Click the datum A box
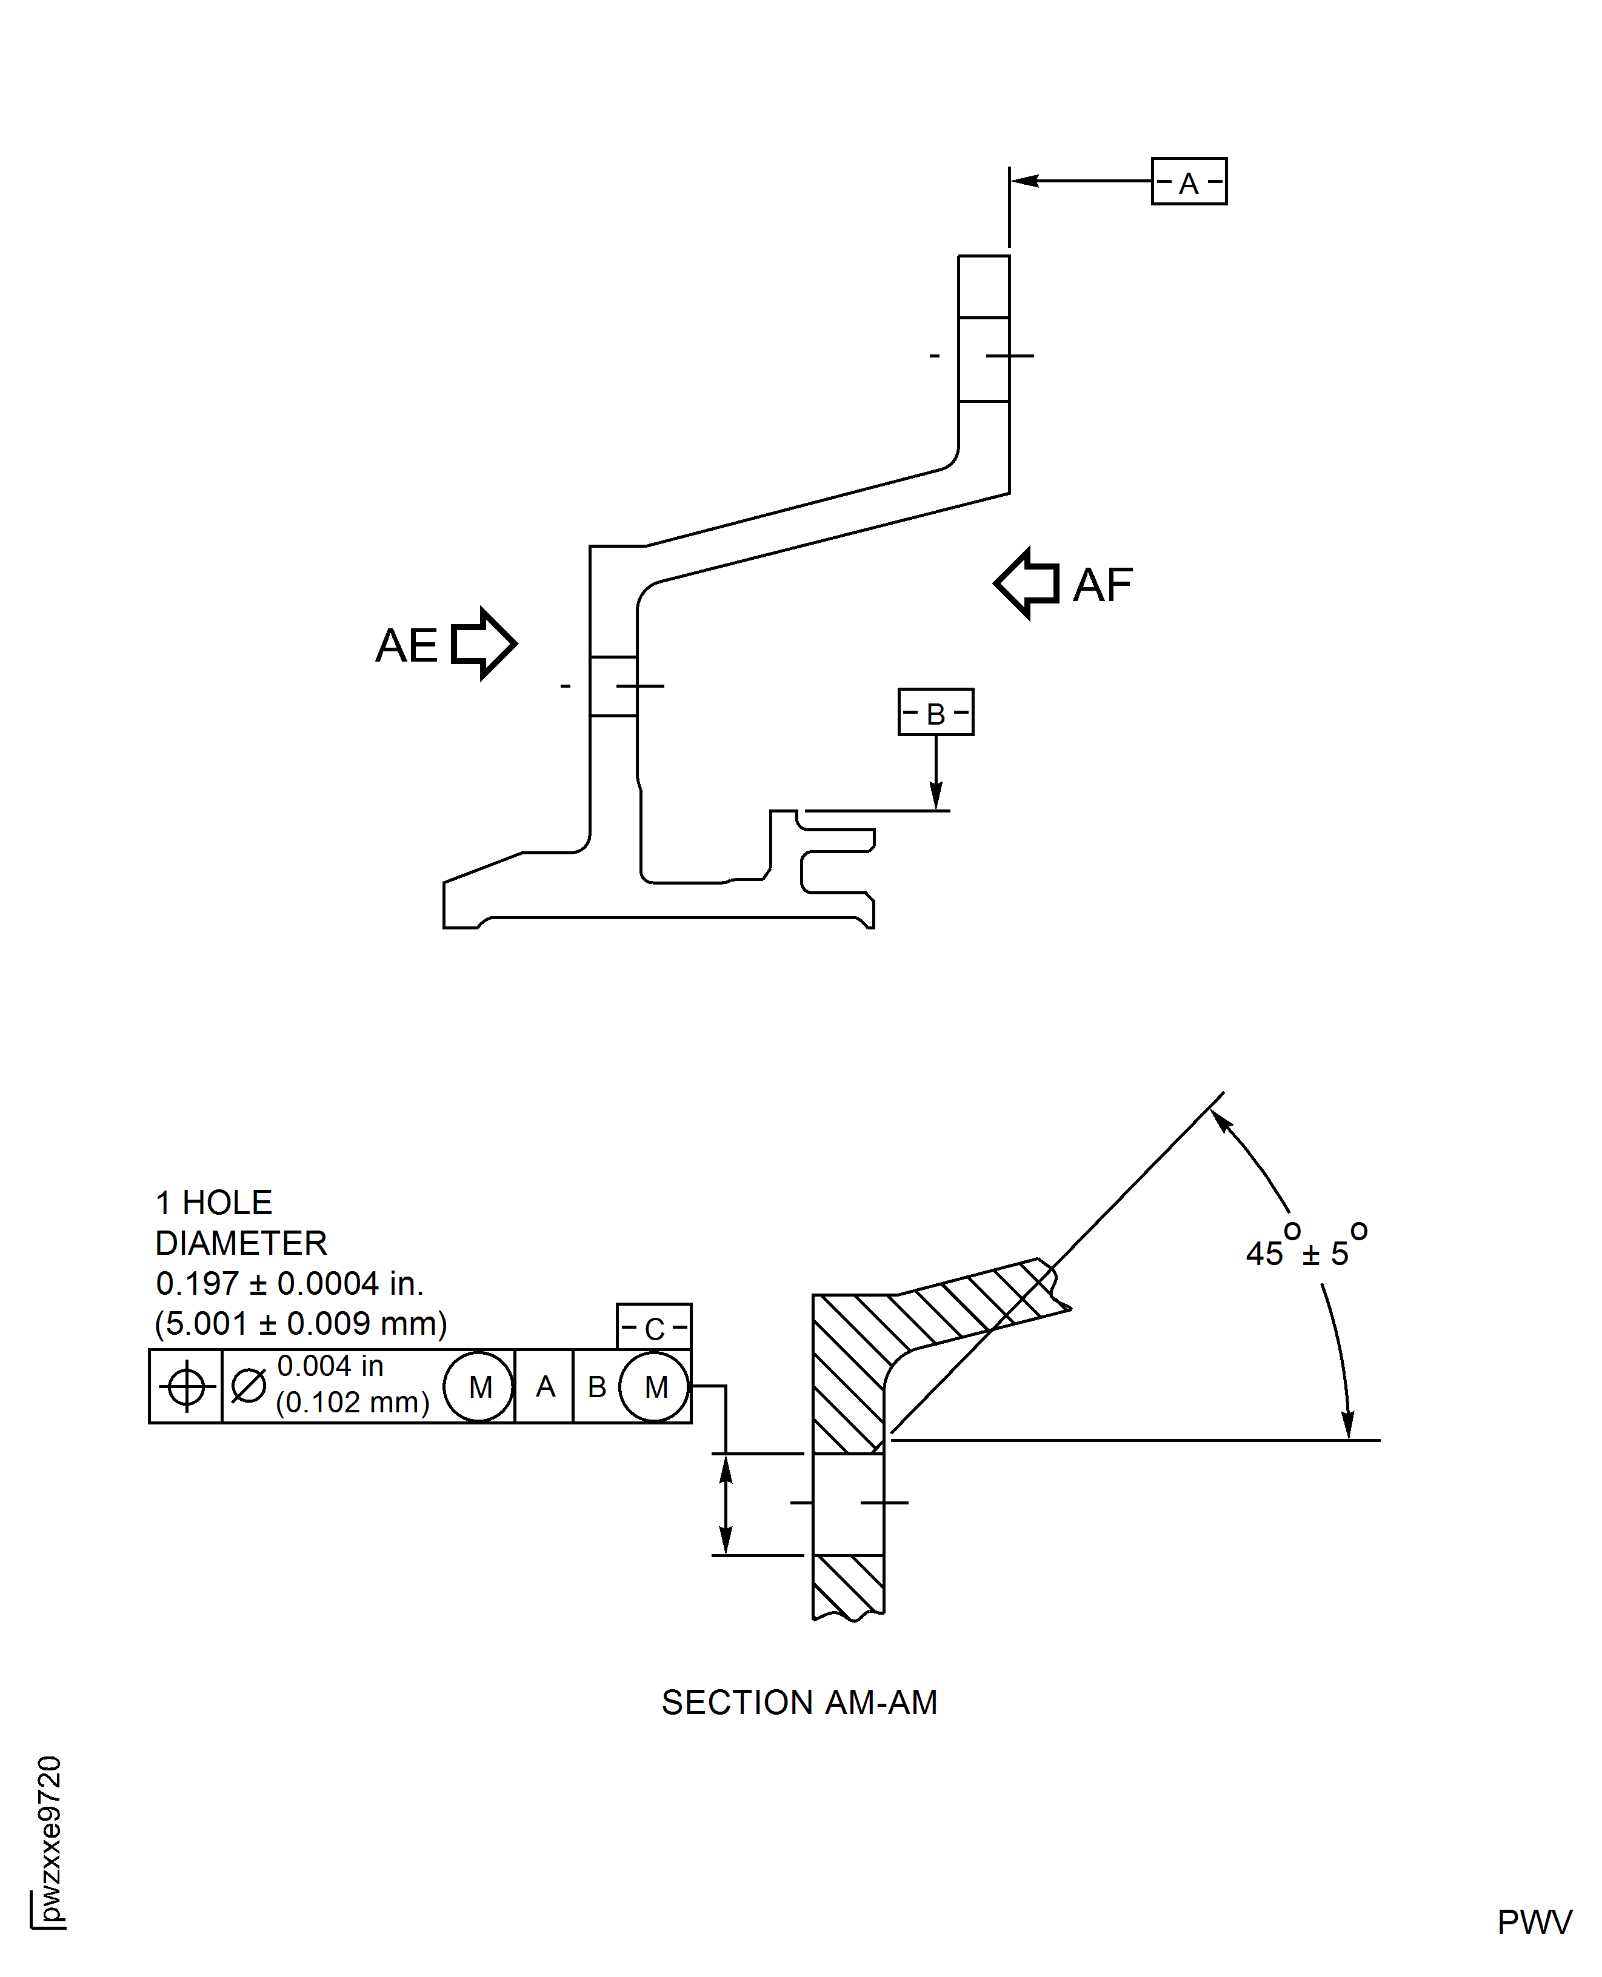1189,182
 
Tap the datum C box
653,1327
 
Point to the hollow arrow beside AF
1027,583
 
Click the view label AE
406,645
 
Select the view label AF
1103,585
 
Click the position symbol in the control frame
185,1386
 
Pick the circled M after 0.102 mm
479,1386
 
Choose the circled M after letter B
654,1386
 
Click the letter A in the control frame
546,1386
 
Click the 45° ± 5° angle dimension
1305,1249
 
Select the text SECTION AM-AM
799,1702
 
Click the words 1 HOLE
214,1203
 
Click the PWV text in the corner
1534,1922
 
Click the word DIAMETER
241,1243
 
